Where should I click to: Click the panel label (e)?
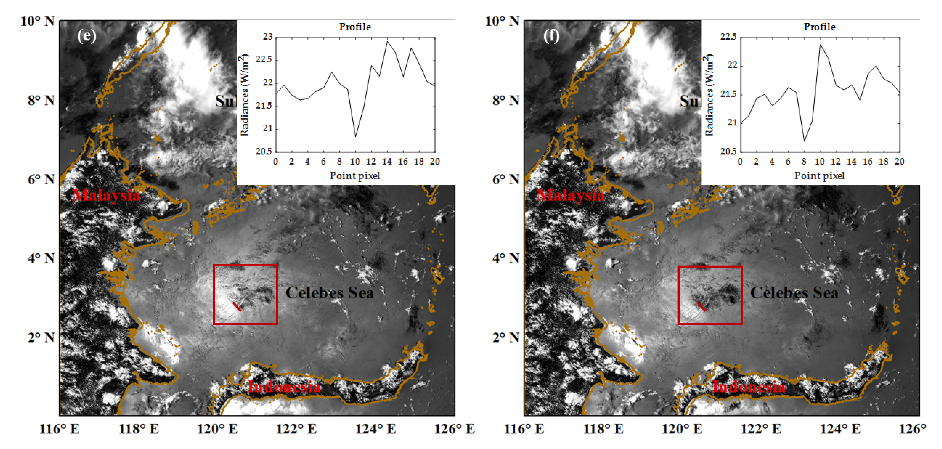tap(87, 36)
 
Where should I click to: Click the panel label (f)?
tap(551, 36)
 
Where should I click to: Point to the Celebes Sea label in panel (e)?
tap(329, 293)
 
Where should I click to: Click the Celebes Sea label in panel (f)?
tap(794, 293)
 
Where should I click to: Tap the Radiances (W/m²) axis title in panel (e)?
tap(244, 95)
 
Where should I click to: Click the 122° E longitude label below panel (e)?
tap(296, 429)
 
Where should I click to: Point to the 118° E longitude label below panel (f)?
tap(603, 429)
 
